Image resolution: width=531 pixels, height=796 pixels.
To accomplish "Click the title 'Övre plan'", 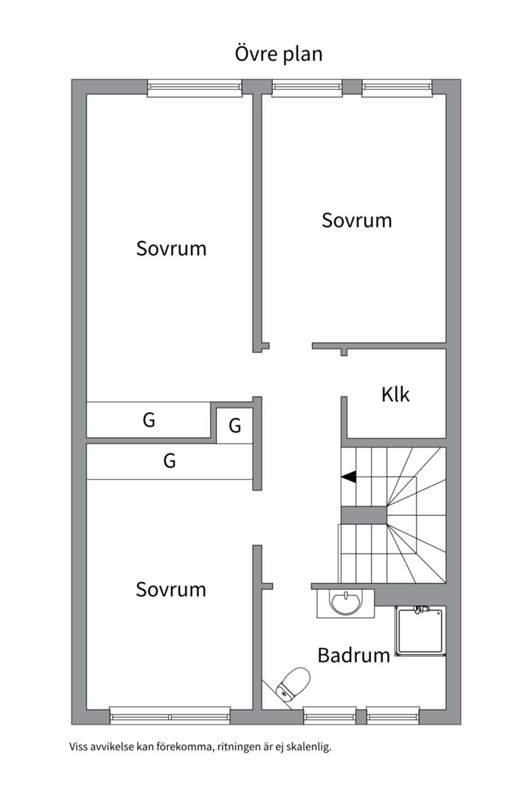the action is (279, 53).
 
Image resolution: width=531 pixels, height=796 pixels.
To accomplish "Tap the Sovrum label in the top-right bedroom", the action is (357, 220).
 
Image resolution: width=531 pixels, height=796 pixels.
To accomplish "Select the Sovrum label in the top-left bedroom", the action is (171, 248).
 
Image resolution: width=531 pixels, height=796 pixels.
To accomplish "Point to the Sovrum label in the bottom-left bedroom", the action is (171, 590).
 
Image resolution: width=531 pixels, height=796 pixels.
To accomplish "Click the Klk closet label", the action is (395, 394).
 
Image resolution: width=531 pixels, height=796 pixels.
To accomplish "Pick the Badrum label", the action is (354, 655).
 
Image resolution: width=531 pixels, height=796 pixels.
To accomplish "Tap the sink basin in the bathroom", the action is (346, 603).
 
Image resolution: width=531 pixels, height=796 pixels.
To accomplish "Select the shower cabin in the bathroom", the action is (421, 632).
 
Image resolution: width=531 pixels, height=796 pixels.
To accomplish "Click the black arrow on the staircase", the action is (349, 477).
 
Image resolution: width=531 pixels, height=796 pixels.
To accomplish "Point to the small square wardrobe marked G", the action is (235, 425).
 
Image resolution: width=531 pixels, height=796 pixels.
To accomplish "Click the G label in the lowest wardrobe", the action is (169, 461).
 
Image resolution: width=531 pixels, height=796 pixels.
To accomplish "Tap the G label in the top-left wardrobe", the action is (149, 420).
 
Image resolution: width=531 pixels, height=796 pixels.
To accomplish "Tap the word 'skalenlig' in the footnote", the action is (308, 747).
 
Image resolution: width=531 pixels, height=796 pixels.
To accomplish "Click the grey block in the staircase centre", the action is (364, 515).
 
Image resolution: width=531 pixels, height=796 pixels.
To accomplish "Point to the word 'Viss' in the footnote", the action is (77, 747).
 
